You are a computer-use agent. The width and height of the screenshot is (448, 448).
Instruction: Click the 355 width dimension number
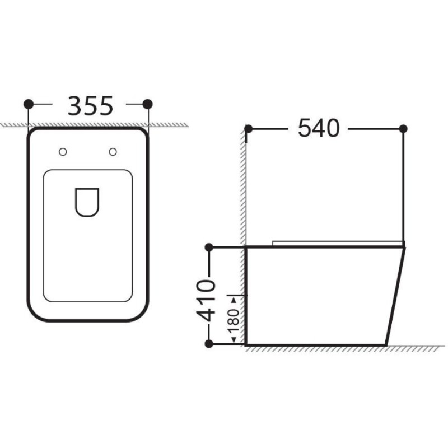(91, 106)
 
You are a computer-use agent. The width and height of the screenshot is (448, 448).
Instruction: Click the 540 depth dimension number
(319, 128)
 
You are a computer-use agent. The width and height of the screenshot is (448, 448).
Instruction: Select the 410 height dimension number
(205, 301)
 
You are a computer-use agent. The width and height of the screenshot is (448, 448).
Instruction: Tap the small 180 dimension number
(234, 320)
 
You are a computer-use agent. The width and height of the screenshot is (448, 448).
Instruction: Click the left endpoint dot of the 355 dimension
(29, 104)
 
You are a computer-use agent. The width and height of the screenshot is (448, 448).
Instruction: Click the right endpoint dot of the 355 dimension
(147, 104)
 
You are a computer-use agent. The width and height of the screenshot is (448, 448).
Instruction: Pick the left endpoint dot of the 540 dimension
(248, 129)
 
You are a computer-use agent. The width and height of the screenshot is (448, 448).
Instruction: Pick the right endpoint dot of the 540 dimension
(403, 129)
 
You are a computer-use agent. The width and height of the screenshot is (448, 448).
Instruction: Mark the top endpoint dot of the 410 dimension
(209, 248)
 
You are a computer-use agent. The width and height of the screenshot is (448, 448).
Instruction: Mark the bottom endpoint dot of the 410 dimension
(209, 344)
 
